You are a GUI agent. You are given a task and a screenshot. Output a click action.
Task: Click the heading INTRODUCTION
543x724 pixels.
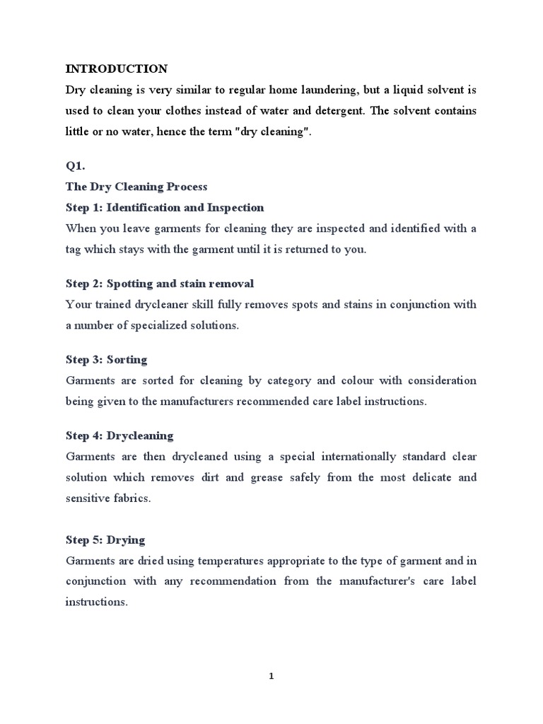(117, 69)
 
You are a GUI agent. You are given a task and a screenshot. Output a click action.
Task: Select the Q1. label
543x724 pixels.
(75, 167)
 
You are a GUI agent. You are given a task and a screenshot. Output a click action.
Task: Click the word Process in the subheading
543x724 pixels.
(187, 187)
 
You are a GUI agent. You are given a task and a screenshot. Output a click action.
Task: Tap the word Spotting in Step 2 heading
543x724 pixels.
(129, 284)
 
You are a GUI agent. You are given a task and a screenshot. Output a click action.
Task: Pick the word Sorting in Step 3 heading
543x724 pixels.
(127, 360)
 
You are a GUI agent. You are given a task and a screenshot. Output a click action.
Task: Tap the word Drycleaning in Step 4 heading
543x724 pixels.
(140, 436)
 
